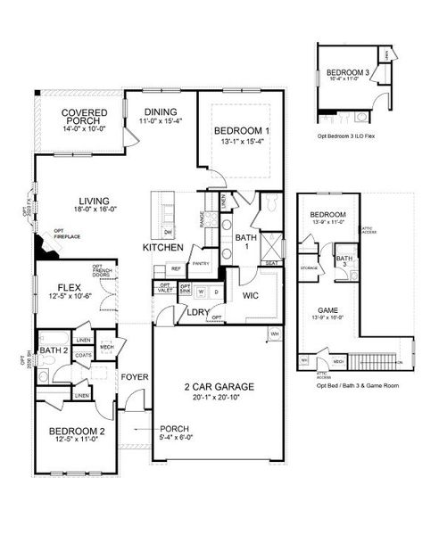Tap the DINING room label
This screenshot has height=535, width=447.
coord(160,112)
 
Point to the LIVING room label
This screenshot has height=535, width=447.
coord(95,202)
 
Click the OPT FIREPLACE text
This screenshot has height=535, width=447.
coord(67,235)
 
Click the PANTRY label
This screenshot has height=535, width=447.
coord(201,263)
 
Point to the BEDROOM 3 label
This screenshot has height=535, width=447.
coord(348,72)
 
